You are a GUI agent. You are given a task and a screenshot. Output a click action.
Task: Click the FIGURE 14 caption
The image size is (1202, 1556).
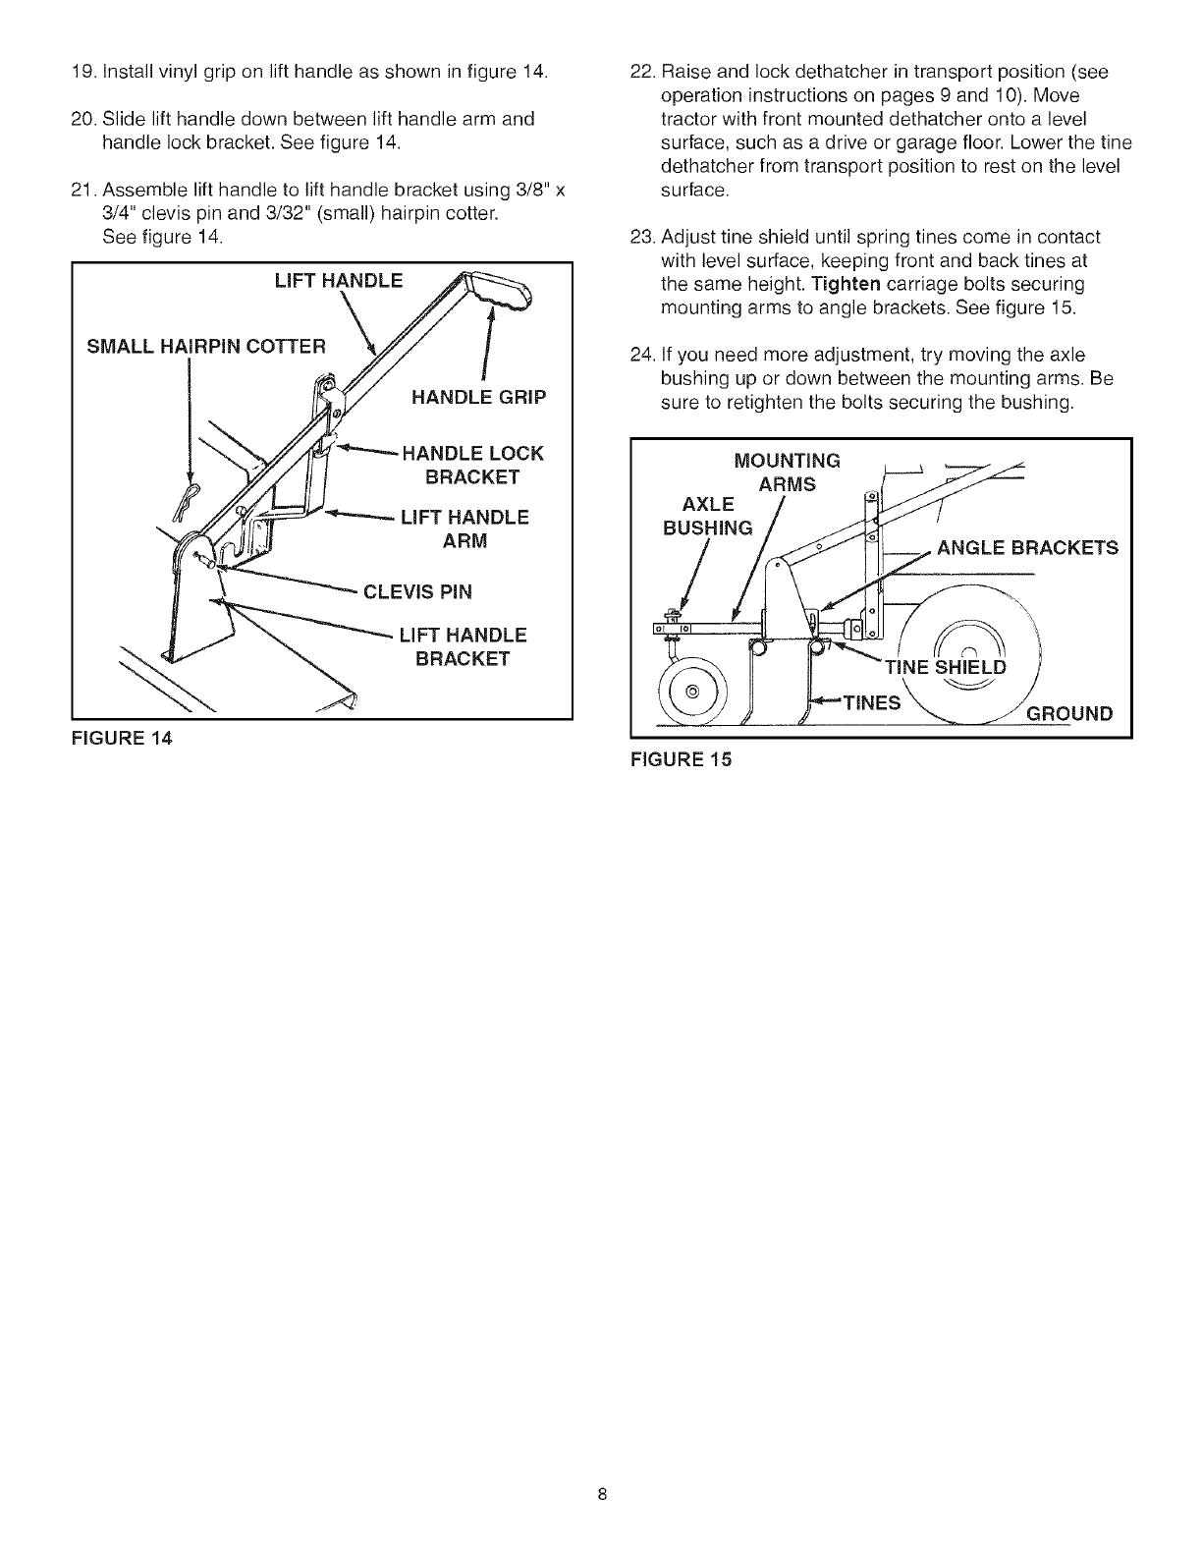click(123, 740)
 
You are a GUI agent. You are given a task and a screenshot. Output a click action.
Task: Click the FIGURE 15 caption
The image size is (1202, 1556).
click(683, 758)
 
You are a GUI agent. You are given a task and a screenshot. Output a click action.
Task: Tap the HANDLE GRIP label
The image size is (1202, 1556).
click(478, 398)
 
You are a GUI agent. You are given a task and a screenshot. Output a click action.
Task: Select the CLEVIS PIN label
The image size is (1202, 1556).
click(417, 591)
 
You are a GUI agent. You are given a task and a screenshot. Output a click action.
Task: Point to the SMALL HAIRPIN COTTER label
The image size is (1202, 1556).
click(205, 346)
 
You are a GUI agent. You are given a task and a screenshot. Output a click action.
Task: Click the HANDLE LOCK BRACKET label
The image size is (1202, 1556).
click(472, 465)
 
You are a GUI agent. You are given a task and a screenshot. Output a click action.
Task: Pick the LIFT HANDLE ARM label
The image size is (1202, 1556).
click(464, 529)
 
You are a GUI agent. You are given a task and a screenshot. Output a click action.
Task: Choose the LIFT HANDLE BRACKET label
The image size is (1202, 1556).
click(463, 646)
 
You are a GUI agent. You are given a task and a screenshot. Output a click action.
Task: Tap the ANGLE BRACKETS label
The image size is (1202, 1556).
click(1027, 548)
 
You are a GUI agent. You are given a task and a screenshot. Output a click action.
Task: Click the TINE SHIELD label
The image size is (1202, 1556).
click(946, 668)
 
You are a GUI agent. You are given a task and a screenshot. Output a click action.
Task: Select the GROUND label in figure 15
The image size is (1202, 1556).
click(1069, 713)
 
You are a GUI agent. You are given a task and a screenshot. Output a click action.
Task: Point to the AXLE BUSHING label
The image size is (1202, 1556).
click(708, 516)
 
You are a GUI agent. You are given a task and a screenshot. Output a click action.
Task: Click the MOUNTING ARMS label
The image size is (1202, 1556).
click(788, 472)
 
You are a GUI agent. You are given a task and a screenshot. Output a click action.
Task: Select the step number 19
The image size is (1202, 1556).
click(83, 71)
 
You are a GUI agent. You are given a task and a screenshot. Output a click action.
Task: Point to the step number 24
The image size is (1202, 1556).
click(641, 355)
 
